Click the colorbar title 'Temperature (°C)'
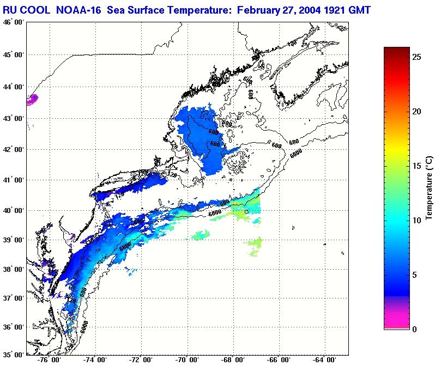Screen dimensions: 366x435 (429, 188)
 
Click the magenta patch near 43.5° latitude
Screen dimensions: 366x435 (32, 99)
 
